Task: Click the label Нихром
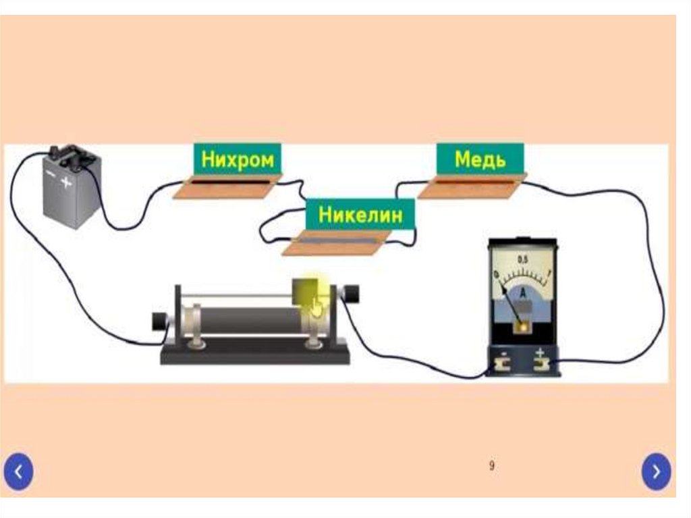pos(238,161)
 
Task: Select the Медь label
pos(480,159)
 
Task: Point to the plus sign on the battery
pos(67,182)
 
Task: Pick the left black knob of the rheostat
pos(159,321)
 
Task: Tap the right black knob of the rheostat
pos(350,294)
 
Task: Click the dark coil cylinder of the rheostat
pos(250,320)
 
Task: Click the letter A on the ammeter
pos(522,291)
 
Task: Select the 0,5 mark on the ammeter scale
pos(522,259)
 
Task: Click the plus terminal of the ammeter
pos(541,365)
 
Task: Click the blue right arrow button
pos(657,471)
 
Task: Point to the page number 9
pos(491,465)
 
